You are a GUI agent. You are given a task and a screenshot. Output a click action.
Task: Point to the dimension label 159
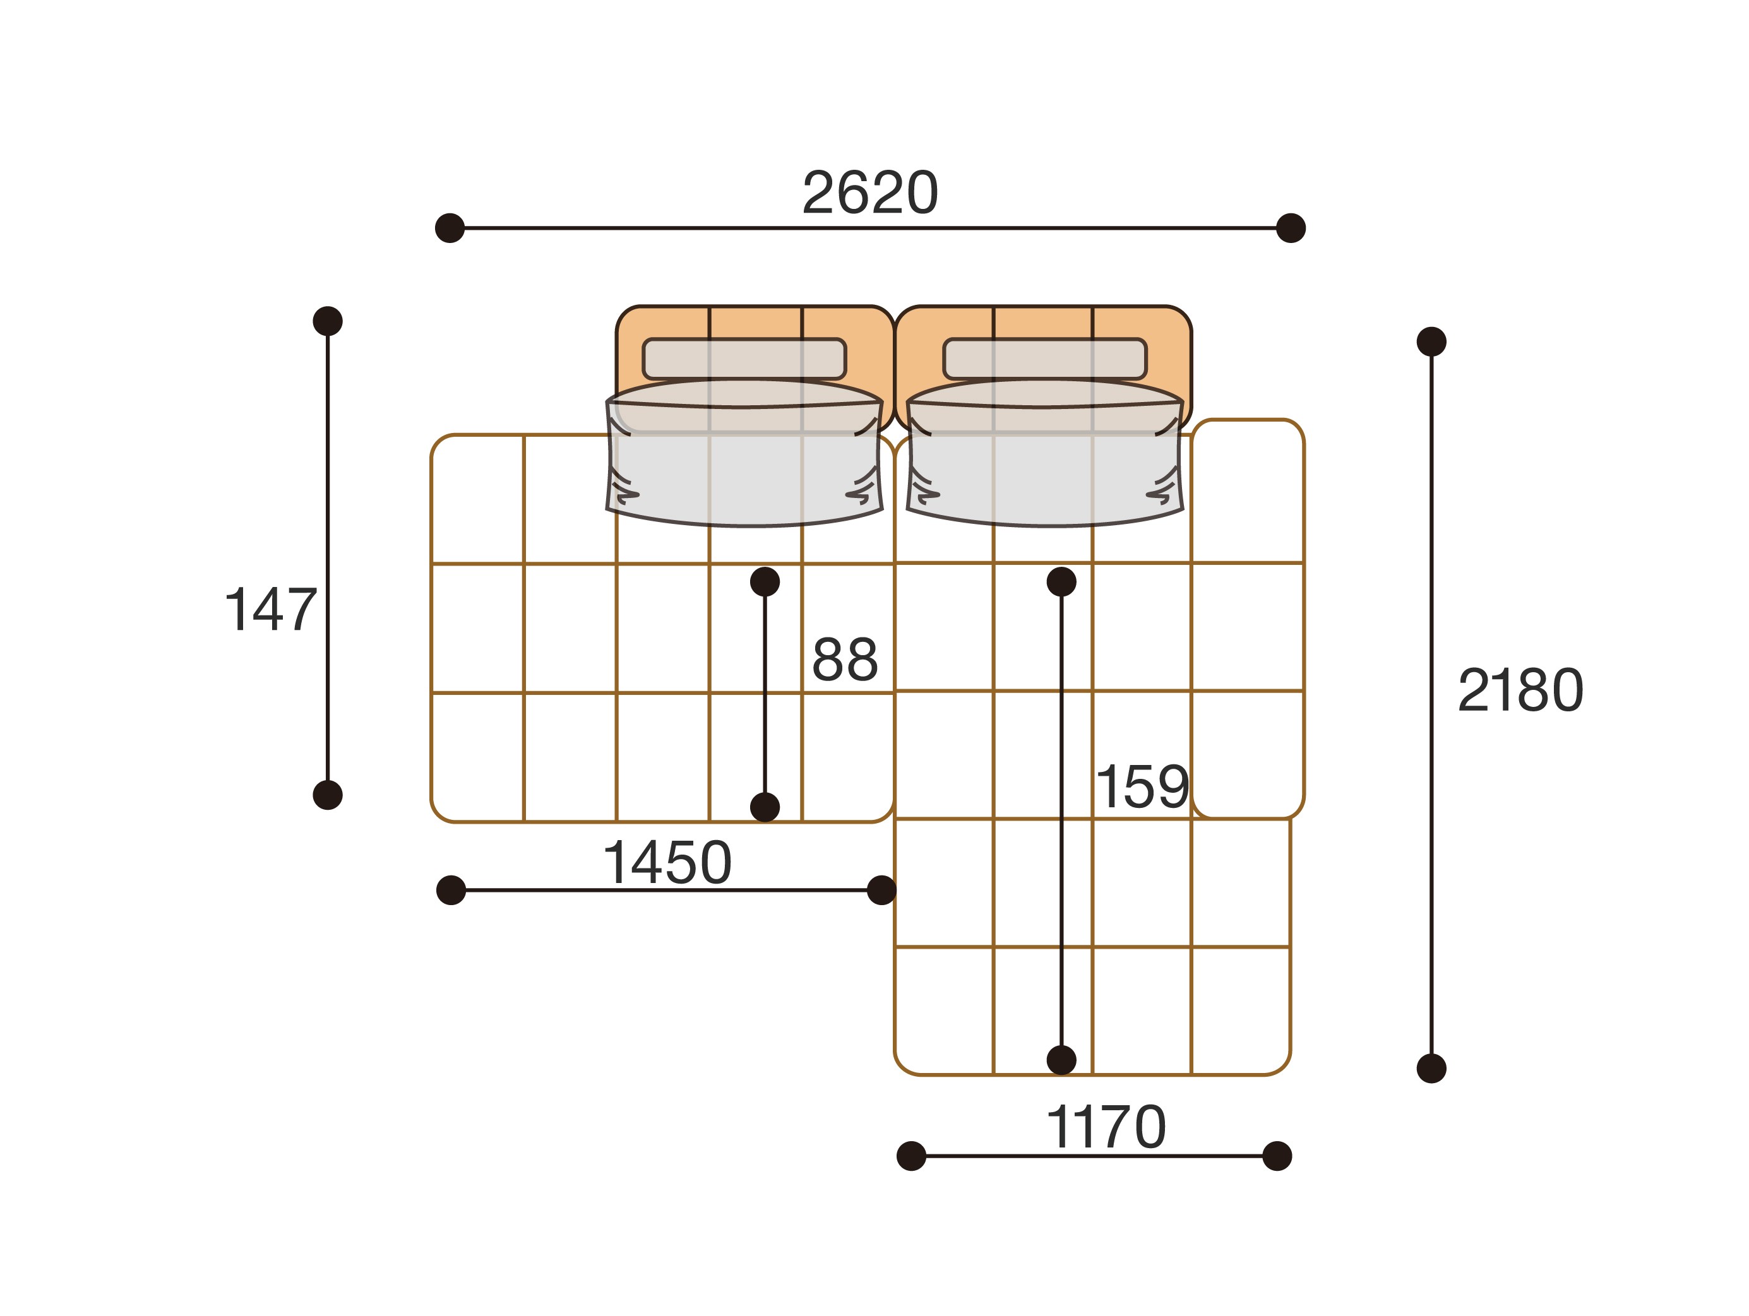click(x=1143, y=787)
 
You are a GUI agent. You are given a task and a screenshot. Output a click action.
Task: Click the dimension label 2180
click(x=1520, y=691)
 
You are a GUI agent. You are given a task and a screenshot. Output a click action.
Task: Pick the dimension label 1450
click(x=667, y=863)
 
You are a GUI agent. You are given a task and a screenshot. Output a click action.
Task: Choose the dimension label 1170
click(x=1106, y=1128)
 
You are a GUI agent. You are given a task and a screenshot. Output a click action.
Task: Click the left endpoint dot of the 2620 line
click(x=450, y=228)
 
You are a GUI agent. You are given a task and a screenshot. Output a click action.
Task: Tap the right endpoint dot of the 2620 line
click(x=1291, y=228)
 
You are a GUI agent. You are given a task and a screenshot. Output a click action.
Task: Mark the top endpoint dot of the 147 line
click(x=327, y=321)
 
